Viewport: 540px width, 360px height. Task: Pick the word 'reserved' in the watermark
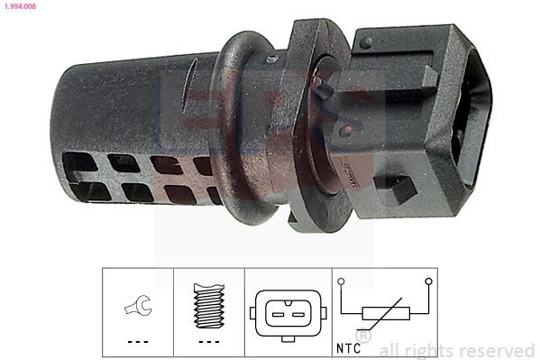point(499,350)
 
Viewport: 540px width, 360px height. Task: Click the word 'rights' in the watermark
point(438,350)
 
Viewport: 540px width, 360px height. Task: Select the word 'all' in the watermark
point(394,350)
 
